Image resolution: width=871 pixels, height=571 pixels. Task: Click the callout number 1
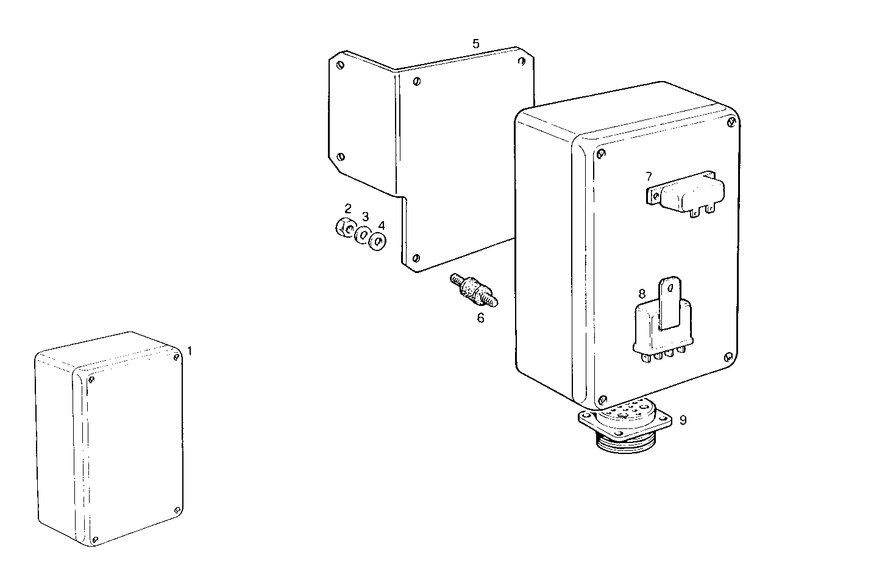coord(190,351)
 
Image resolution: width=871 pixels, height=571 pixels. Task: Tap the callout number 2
coord(348,208)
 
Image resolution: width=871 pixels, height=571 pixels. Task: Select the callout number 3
coord(365,216)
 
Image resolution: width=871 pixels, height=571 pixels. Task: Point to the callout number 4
coord(382,225)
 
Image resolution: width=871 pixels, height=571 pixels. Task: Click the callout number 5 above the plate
coord(476,43)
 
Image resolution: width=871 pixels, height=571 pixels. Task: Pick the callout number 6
coord(480,317)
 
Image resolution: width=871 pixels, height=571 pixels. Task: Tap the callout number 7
coord(649,177)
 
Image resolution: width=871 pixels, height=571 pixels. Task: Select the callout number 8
coord(642,294)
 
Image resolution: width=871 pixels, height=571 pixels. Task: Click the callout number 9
coord(683,420)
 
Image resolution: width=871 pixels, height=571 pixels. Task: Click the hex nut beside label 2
coord(345,228)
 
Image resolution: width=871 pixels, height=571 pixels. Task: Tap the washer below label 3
coord(363,235)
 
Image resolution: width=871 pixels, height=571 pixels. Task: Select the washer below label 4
coord(379,242)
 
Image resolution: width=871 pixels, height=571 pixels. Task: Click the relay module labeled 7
coord(689,194)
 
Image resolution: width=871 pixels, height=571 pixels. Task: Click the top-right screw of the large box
coord(731,123)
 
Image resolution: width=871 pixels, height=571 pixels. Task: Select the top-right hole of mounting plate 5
coord(522,61)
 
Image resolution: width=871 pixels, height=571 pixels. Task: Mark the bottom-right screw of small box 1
coord(177,510)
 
